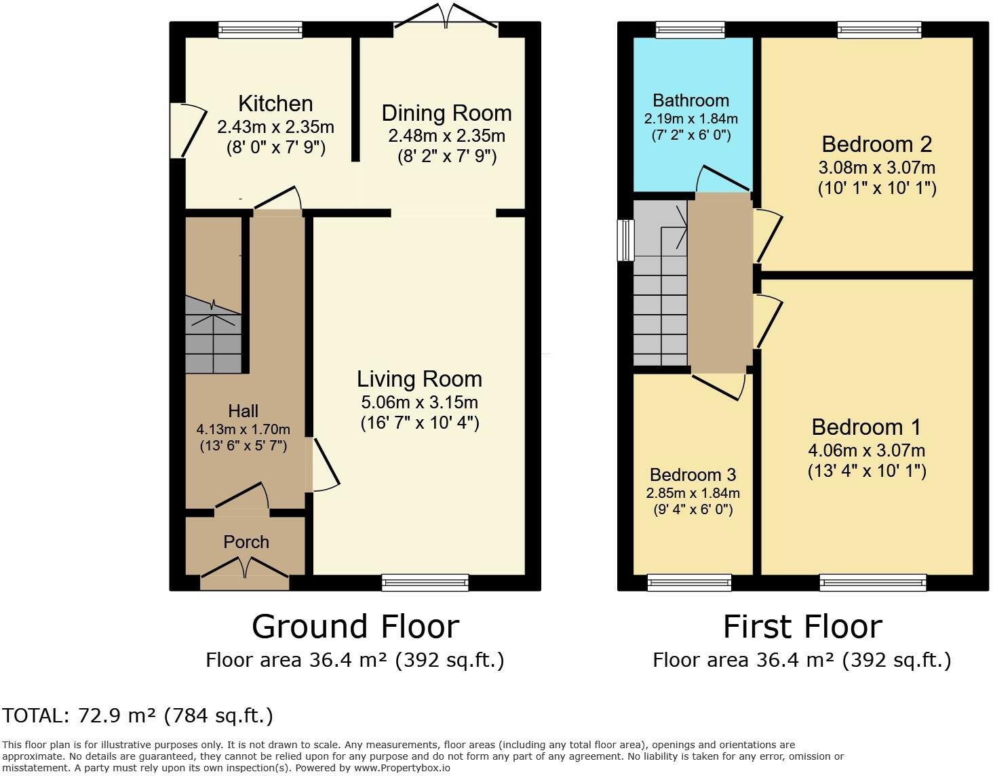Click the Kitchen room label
click(x=275, y=104)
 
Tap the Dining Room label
click(x=446, y=113)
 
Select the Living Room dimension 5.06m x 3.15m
click(x=419, y=402)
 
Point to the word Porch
click(x=246, y=542)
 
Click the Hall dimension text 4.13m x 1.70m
click(x=243, y=429)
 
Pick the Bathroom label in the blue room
click(x=690, y=100)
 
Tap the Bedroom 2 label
click(x=876, y=144)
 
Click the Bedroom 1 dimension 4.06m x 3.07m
click(x=867, y=450)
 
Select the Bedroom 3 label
click(x=693, y=475)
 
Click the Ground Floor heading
click(x=355, y=627)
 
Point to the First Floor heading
click(x=802, y=627)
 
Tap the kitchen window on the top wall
click(x=260, y=30)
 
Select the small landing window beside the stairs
click(x=625, y=240)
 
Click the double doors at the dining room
click(x=446, y=18)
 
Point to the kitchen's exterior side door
click(x=189, y=131)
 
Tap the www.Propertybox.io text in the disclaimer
click(x=402, y=768)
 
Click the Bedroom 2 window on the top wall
click(x=879, y=30)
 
